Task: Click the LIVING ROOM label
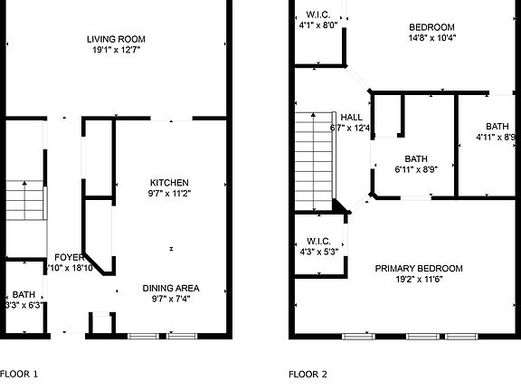116,39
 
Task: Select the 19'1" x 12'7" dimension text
116,51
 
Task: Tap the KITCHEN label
170,180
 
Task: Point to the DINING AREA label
171,288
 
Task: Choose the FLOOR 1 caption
19,373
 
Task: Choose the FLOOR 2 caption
308,373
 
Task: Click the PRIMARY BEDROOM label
419,268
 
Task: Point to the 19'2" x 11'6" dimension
419,280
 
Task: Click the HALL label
351,117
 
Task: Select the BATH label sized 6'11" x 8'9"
416,157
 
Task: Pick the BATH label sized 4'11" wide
497,126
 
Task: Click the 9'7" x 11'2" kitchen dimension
170,192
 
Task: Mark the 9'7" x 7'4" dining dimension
171,300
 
